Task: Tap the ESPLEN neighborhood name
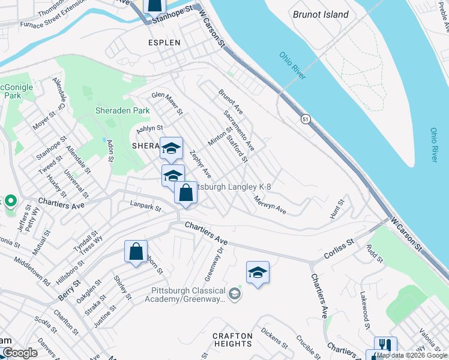tap(164, 43)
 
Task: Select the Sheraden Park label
tap(122, 111)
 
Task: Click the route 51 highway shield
tap(306, 120)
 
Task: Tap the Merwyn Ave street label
tap(270, 205)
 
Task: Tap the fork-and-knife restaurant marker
tap(385, 346)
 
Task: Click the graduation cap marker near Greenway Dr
tap(258, 273)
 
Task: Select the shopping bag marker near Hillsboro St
tap(136, 251)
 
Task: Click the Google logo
tap(20, 353)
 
